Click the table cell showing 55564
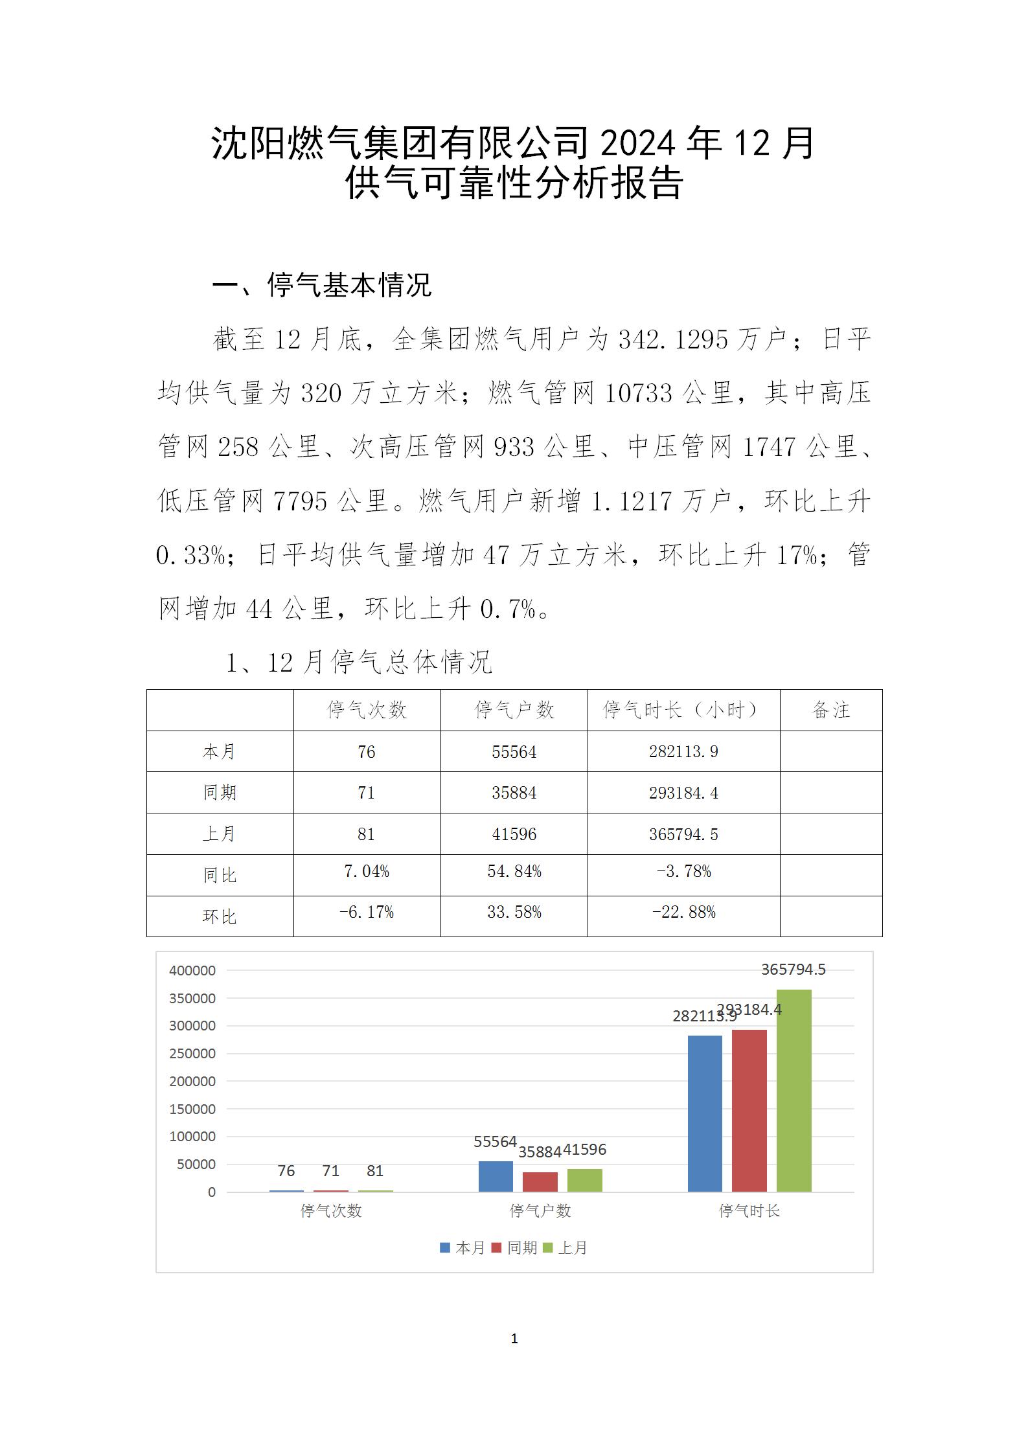(x=514, y=751)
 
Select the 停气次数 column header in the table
(x=367, y=710)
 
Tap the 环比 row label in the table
(x=220, y=916)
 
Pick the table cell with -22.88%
(x=683, y=913)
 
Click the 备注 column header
(x=830, y=710)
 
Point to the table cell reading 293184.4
(x=683, y=793)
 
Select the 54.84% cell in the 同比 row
(x=514, y=872)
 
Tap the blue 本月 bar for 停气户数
(x=496, y=1176)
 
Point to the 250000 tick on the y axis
(x=192, y=1054)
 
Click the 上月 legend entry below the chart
(x=565, y=1248)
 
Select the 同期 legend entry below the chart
(x=515, y=1248)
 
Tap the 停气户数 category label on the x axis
(x=540, y=1211)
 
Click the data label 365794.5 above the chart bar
(x=793, y=970)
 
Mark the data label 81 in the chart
(x=375, y=1171)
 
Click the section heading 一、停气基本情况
(x=322, y=285)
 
